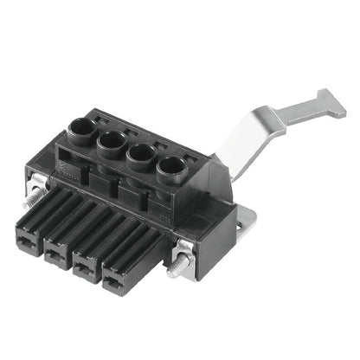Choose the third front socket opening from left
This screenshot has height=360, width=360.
[86, 267]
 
